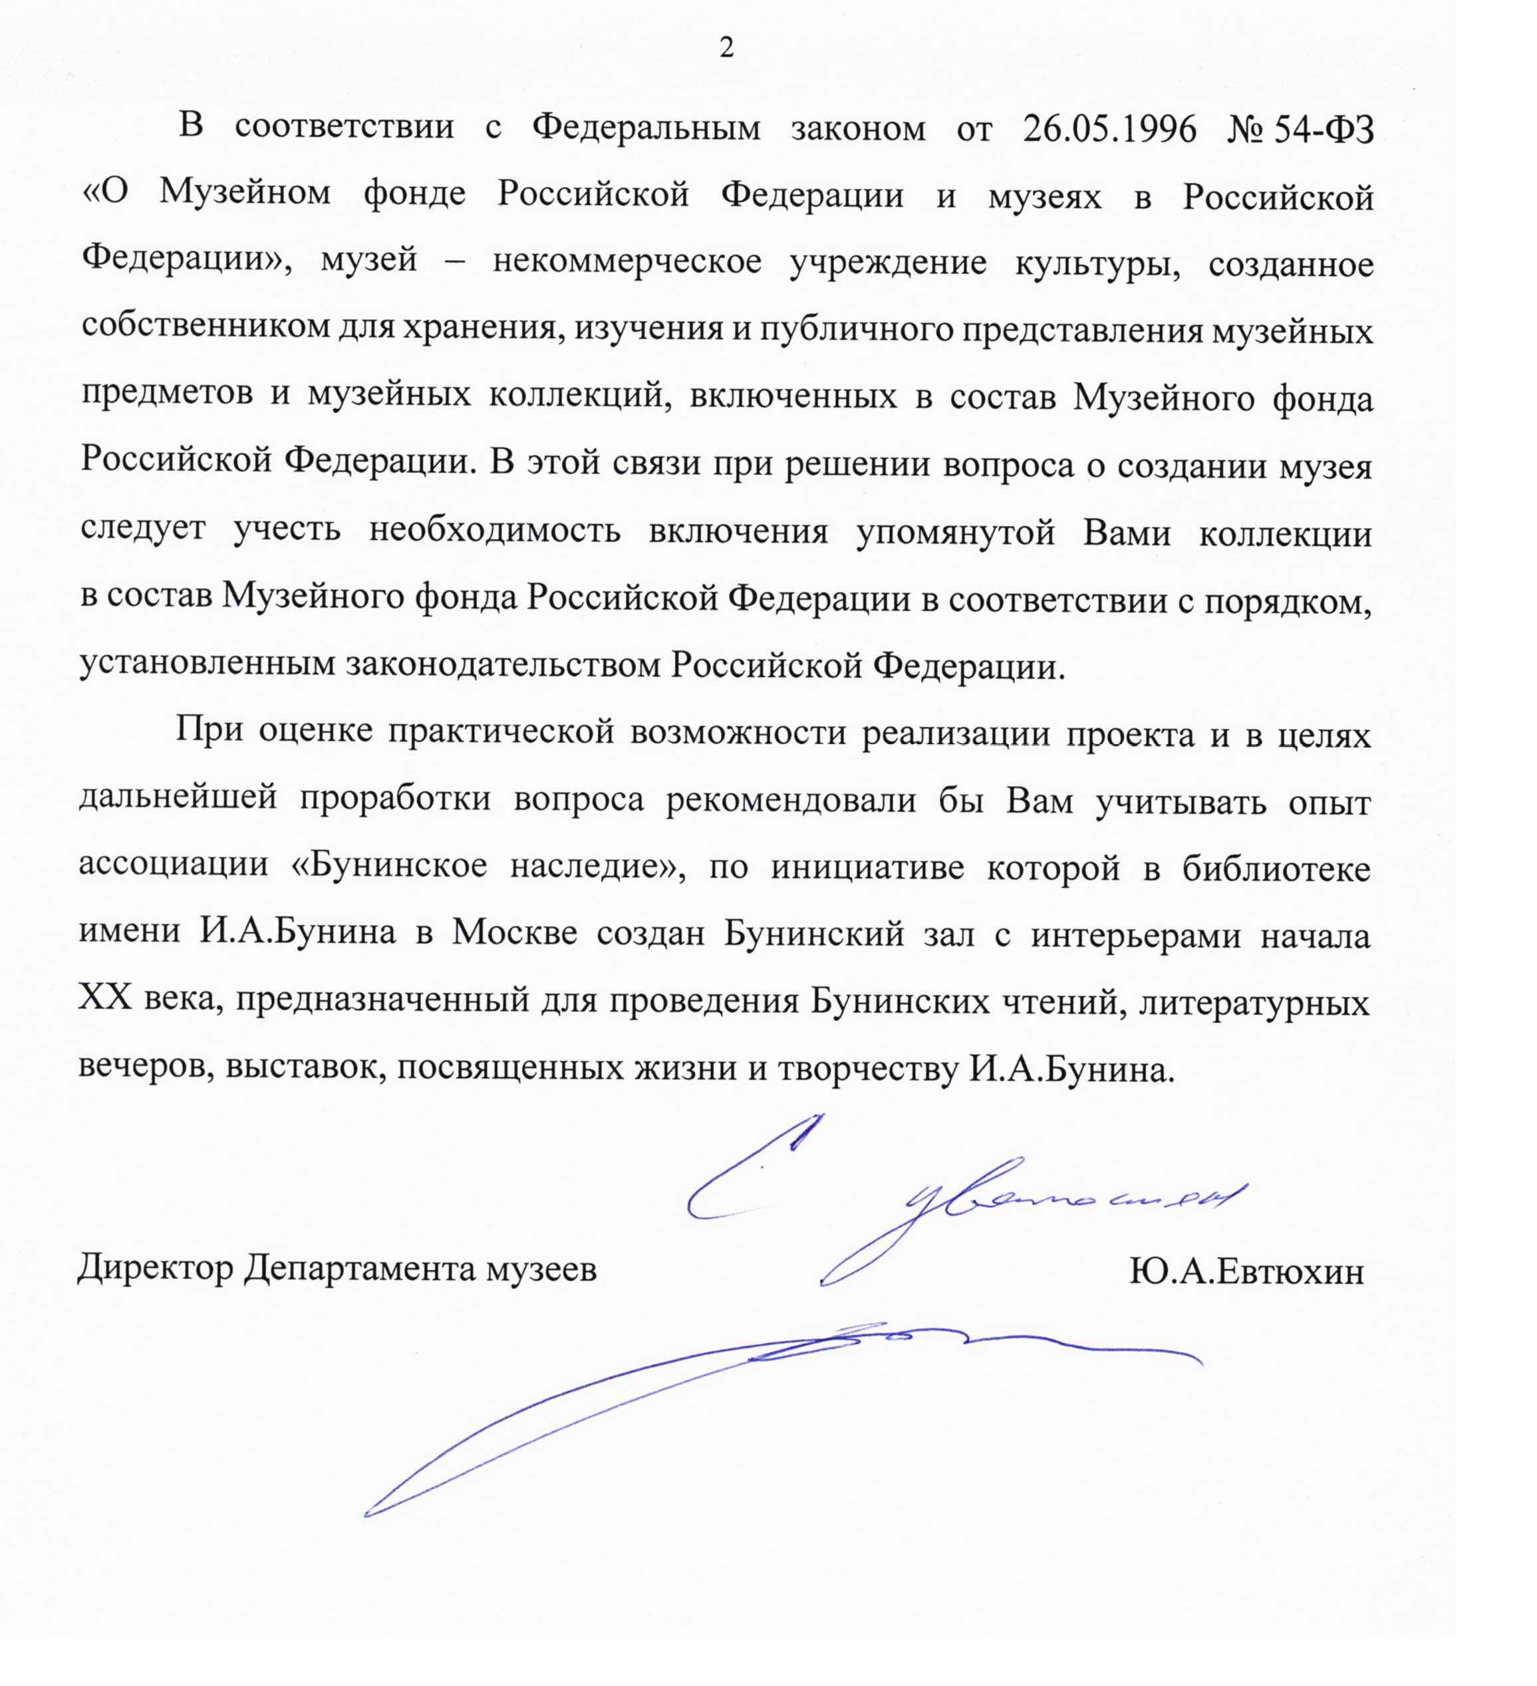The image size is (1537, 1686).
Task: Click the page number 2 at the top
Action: tap(726, 49)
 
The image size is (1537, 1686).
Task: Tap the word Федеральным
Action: tap(646, 128)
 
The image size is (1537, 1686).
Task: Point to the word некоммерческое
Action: tap(627, 262)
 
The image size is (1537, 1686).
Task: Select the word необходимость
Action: tap(494, 530)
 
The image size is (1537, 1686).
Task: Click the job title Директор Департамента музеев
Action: tap(337, 1270)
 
